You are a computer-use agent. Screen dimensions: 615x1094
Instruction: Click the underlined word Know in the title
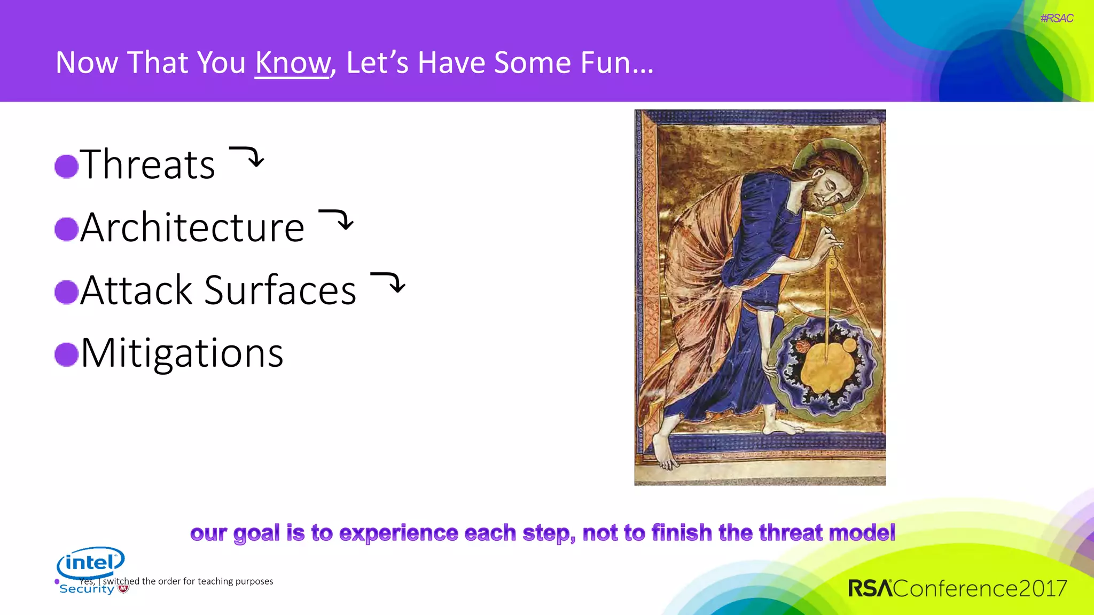pyautogui.click(x=293, y=62)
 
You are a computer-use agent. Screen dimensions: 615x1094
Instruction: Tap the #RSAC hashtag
pyautogui.click(x=1056, y=18)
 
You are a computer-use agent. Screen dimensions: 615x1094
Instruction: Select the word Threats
pyautogui.click(x=147, y=164)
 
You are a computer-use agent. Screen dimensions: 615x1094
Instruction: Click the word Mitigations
pyautogui.click(x=182, y=353)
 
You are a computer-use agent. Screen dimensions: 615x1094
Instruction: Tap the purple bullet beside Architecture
pyautogui.click(x=67, y=229)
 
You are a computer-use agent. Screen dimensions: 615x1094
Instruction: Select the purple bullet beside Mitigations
pyautogui.click(x=67, y=354)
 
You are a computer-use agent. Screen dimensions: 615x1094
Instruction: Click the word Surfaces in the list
pyautogui.click(x=280, y=291)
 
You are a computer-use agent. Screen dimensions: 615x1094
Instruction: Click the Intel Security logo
pyautogui.click(x=91, y=569)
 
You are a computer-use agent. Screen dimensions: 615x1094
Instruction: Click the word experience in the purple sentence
pyautogui.click(x=398, y=533)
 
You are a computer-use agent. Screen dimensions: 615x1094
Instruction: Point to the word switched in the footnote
pyautogui.click(x=121, y=581)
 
